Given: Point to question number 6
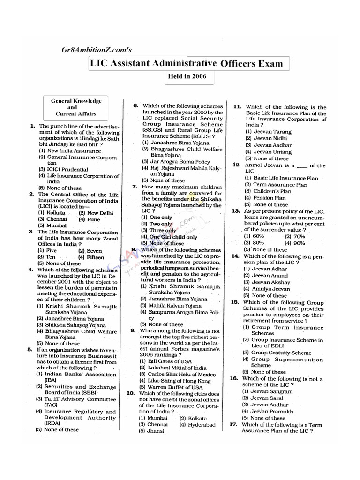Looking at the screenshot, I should (135, 106).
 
